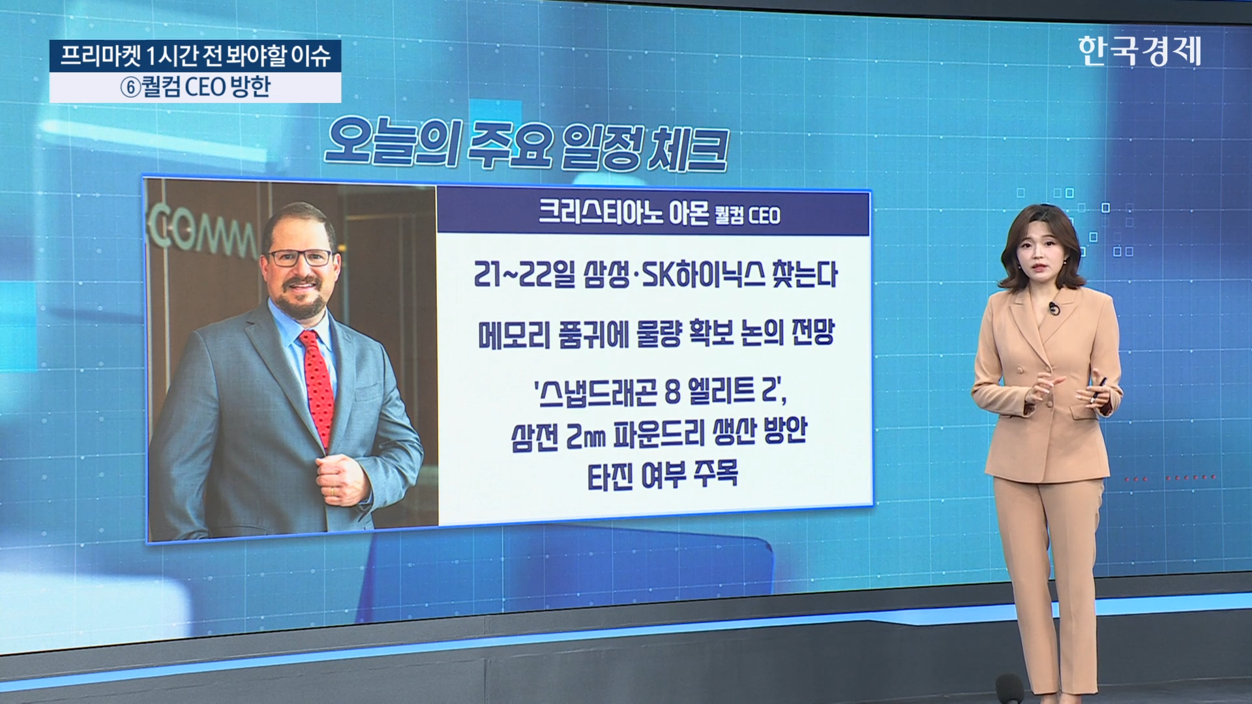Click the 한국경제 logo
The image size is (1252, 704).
(x=1139, y=51)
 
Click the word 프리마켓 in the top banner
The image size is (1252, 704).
(x=100, y=56)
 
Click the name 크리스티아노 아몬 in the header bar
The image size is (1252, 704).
(x=623, y=212)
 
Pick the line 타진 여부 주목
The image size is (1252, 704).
(x=663, y=475)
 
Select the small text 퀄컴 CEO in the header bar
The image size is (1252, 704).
(x=747, y=215)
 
